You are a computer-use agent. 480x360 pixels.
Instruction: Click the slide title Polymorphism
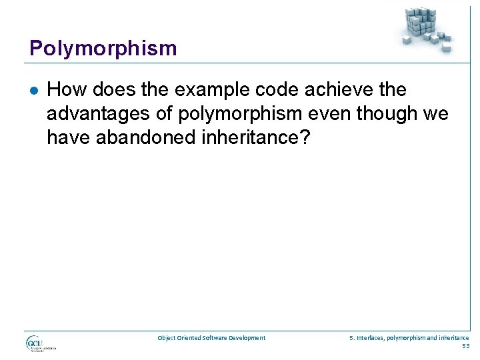tap(103, 49)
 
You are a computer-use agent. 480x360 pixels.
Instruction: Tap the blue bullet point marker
tap(33, 90)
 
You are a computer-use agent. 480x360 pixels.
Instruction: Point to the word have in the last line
tap(67, 138)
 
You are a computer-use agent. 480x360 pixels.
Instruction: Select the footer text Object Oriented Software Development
tap(211, 338)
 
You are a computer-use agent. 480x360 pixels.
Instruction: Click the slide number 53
tap(465, 346)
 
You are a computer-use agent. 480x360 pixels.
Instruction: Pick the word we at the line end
tap(436, 114)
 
